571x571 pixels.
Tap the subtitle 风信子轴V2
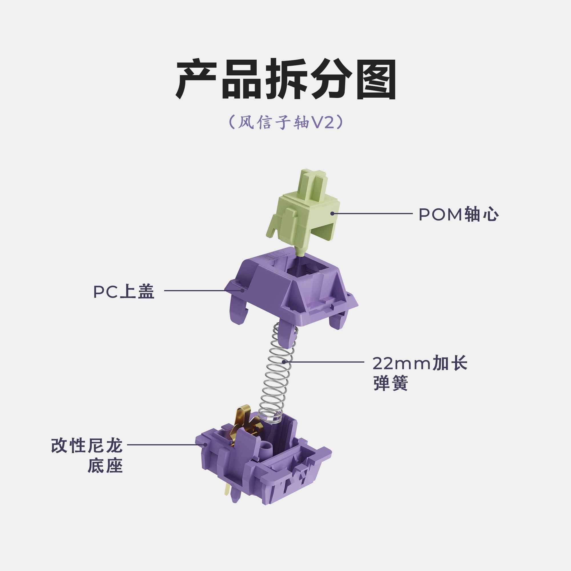285,122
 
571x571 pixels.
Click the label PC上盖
124,292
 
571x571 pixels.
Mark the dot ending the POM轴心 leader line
332,213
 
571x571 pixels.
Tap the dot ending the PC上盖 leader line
242,290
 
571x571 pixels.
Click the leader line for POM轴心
372,213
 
